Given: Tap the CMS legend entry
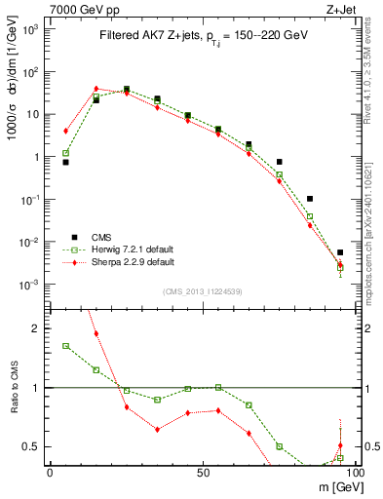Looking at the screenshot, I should [88, 237].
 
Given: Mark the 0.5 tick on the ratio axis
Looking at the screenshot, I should [35, 446].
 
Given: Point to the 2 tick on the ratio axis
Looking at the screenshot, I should [40, 328].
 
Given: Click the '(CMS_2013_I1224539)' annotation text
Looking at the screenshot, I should [203, 292].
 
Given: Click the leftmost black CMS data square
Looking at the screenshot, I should [65, 162].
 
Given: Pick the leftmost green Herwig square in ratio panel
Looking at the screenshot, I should [65, 346].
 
